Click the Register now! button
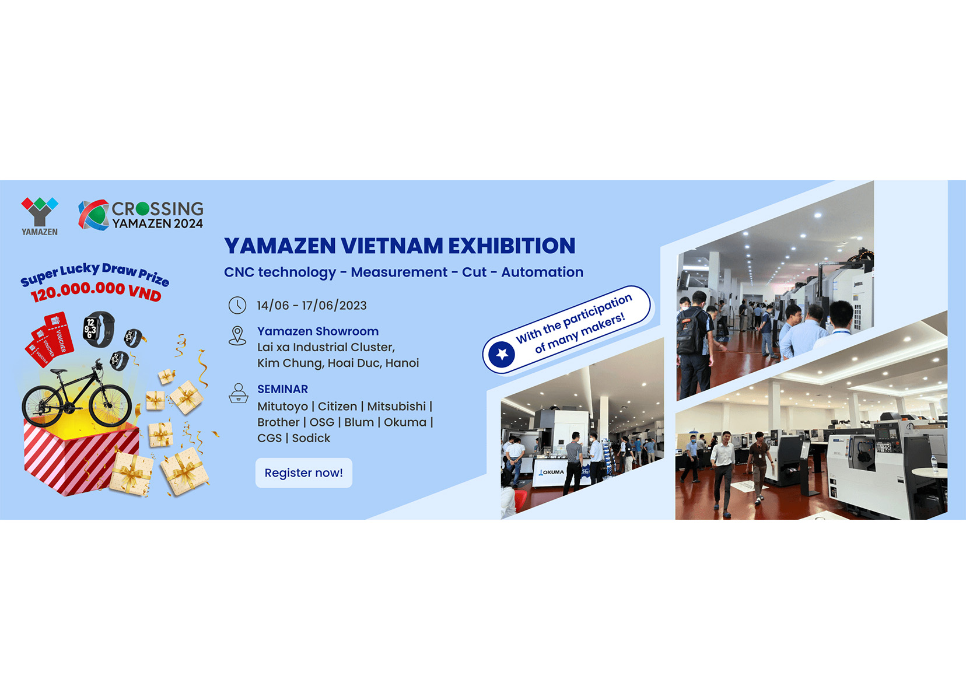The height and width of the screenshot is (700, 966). point(303,473)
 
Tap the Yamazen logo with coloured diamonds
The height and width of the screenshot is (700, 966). point(40,216)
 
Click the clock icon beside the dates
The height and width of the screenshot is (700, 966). point(237,305)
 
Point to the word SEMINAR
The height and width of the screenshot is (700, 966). point(282,389)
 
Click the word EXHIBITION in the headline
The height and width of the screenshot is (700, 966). point(512,246)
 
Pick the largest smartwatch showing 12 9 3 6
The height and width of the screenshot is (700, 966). point(99,329)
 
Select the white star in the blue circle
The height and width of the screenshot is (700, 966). point(502,354)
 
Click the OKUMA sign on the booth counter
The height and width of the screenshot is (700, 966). point(552,473)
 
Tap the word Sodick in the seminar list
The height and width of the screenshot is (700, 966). point(311,437)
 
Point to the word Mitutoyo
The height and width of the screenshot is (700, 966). point(282,407)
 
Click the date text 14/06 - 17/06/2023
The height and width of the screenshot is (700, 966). point(311,305)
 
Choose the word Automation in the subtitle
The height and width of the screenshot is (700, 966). point(542,272)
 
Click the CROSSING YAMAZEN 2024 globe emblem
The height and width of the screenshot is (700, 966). point(93,215)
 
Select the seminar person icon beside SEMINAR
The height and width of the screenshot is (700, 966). point(238,393)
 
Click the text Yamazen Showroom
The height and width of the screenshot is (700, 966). point(318,331)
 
